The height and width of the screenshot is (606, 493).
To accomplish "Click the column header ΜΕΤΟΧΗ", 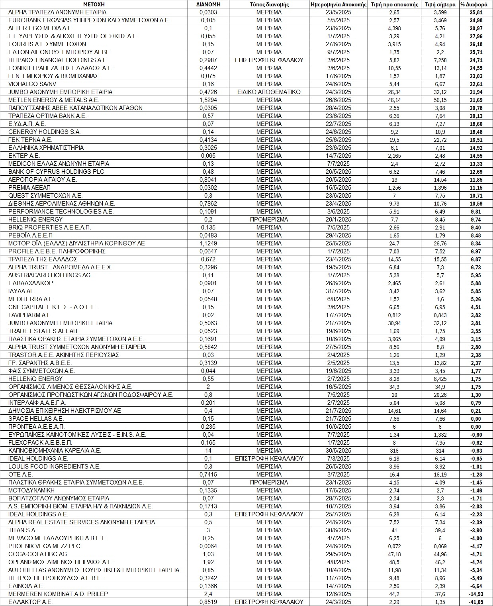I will (x=94, y=4).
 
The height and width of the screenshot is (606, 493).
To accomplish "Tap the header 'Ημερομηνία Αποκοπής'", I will (x=338, y=4).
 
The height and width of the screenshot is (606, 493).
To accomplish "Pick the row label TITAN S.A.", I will (x=22, y=530).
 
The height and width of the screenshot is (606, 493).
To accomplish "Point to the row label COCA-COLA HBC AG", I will (x=37, y=554).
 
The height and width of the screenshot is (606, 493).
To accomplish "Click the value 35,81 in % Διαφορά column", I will (x=476, y=12).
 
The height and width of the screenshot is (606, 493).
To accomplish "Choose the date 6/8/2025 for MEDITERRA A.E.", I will (x=338, y=299).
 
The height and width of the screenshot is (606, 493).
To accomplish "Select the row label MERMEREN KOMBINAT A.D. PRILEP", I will (x=58, y=594).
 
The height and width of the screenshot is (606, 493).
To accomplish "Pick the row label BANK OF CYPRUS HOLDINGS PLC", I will (x=56, y=172).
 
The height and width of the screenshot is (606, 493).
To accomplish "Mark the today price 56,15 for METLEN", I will (x=440, y=100).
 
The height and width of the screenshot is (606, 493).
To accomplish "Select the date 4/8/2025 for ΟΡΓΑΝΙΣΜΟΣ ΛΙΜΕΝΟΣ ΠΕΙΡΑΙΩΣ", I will (x=338, y=562).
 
